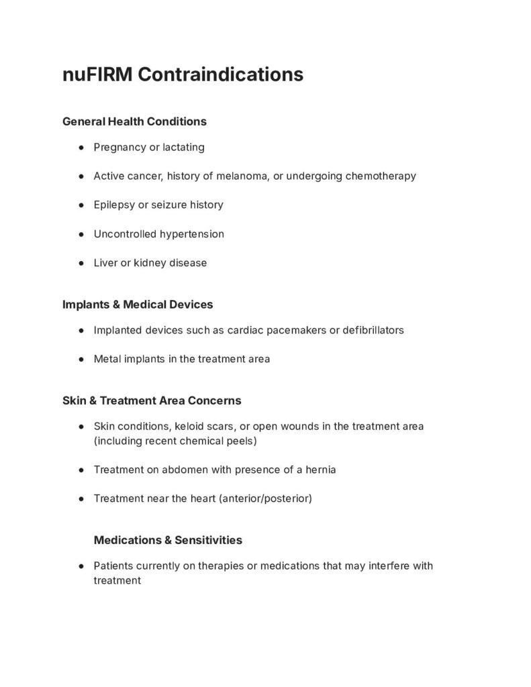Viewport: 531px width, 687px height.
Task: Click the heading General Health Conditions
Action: pyautogui.click(x=134, y=121)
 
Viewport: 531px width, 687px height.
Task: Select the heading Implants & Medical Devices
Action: pyautogui.click(x=138, y=305)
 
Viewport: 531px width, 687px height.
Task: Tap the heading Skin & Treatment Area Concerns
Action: pyautogui.click(x=152, y=401)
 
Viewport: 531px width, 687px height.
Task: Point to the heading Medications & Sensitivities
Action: pyautogui.click(x=168, y=540)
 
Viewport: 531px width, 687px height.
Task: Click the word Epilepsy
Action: pyautogui.click(x=114, y=205)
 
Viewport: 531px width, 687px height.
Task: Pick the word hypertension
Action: pyautogui.click(x=192, y=234)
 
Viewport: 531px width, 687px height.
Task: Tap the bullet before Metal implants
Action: pyautogui.click(x=81, y=359)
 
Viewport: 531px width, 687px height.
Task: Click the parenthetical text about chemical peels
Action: pyautogui.click(x=175, y=441)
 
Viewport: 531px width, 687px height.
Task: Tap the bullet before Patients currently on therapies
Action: pyautogui.click(x=81, y=566)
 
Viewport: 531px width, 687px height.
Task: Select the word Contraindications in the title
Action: pyautogui.click(x=221, y=74)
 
